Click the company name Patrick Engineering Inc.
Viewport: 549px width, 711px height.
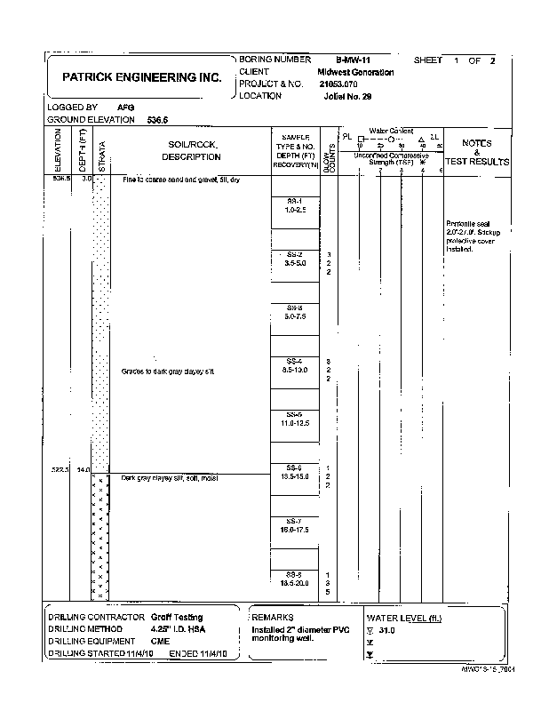click(142, 77)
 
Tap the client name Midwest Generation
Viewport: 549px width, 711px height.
click(355, 72)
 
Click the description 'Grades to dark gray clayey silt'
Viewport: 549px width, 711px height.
click(168, 371)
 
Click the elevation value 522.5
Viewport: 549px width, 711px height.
click(61, 468)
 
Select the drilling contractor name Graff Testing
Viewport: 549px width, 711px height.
click(176, 617)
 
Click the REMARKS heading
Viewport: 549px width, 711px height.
click(273, 617)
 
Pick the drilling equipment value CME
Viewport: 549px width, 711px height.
click(160, 640)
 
